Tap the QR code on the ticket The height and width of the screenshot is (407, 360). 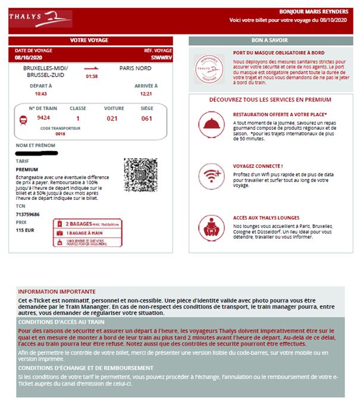point(138,174)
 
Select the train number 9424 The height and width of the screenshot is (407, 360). point(43,118)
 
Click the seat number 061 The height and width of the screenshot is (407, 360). point(146,118)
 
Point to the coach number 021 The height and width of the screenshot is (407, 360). point(113,118)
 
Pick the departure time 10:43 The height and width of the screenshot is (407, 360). point(40,93)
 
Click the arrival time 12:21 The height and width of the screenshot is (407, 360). point(146,93)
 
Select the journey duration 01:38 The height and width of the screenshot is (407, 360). point(92,76)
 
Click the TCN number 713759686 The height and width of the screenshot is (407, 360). point(28,214)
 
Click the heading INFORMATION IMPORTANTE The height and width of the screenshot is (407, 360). point(57,292)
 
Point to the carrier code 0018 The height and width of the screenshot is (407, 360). point(60,134)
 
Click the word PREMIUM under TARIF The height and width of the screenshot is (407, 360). point(27,169)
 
